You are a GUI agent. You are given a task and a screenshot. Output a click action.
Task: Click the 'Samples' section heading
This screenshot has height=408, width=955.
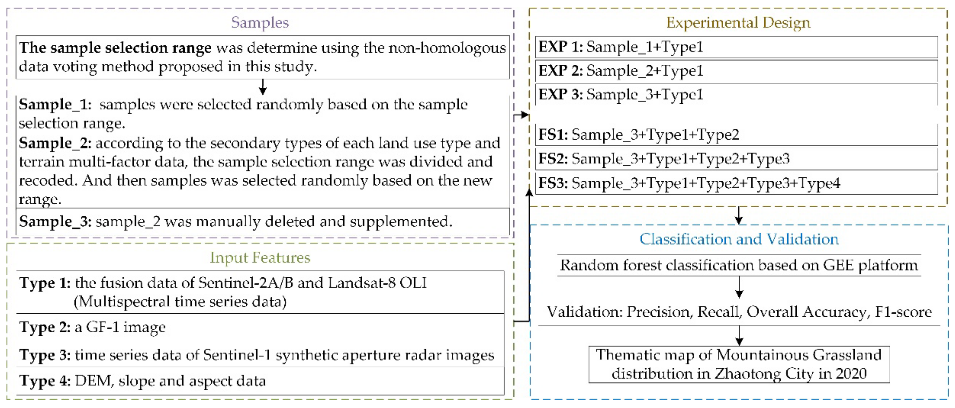pyautogui.click(x=260, y=23)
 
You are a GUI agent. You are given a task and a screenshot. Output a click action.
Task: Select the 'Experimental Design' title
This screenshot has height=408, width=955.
pyautogui.click(x=738, y=23)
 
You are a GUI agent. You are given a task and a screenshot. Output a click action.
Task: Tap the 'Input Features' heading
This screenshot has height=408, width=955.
pyautogui.click(x=260, y=258)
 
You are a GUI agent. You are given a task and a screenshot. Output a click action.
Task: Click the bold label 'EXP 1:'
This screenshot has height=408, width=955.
pyautogui.click(x=560, y=47)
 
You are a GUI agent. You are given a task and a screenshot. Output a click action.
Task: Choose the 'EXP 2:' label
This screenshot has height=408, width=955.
pyautogui.click(x=560, y=71)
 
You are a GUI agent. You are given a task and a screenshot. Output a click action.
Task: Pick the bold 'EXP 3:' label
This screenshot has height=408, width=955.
pyautogui.click(x=560, y=94)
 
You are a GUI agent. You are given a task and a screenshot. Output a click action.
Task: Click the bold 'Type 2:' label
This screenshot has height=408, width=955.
pyautogui.click(x=45, y=327)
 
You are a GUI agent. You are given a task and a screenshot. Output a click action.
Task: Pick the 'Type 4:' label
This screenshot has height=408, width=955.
pyautogui.click(x=45, y=381)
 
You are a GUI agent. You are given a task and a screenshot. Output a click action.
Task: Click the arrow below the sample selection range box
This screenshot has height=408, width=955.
pyautogui.click(x=263, y=87)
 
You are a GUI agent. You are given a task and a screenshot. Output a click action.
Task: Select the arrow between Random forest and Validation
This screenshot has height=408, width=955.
pyautogui.click(x=739, y=287)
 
